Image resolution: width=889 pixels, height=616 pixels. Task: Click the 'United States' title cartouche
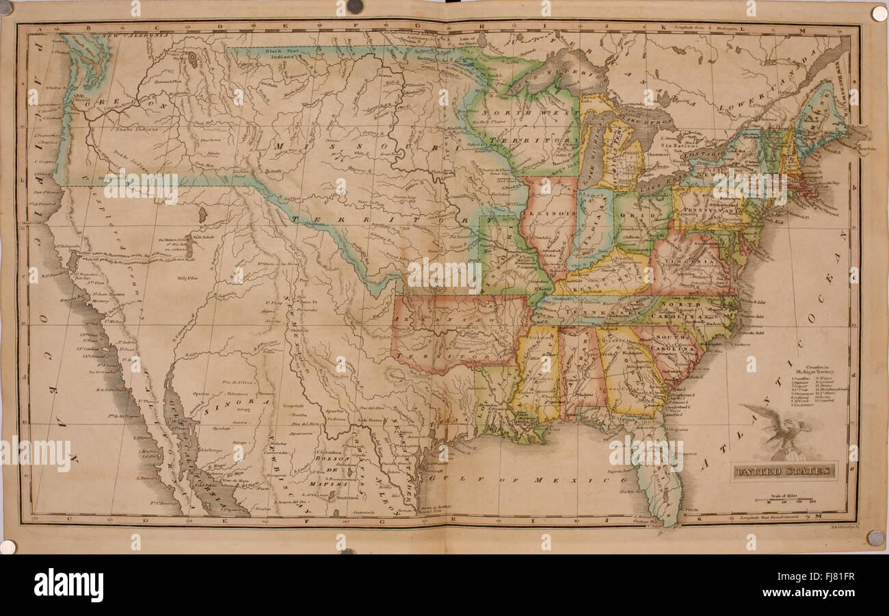pyautogui.click(x=784, y=471)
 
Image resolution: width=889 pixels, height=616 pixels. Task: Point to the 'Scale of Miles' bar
pyautogui.click(x=784, y=502)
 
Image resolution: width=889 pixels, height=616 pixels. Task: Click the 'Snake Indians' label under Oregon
pyautogui.click(x=137, y=128)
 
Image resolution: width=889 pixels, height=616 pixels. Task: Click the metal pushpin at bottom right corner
pyautogui.click(x=875, y=538)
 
